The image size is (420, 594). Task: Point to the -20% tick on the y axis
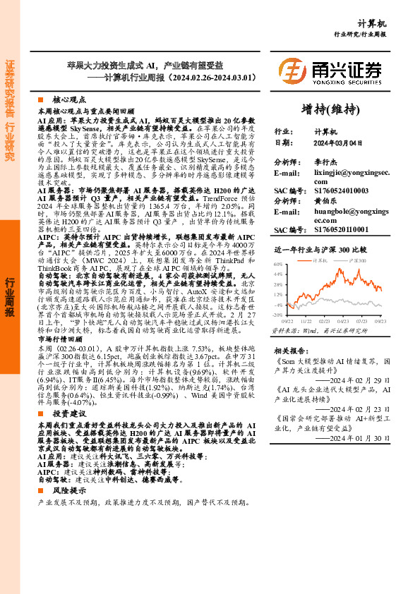[277, 315]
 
